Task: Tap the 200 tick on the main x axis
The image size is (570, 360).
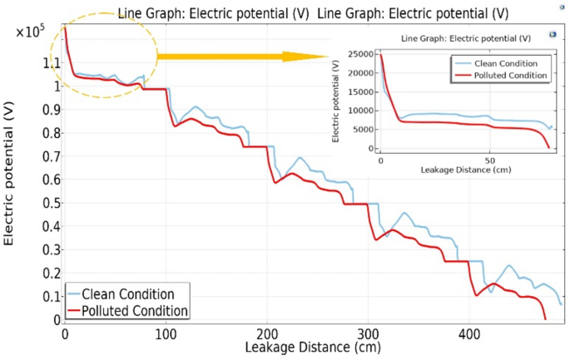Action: (x=267, y=333)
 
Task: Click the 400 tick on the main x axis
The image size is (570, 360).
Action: (x=470, y=333)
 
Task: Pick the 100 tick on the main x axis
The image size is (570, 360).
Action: (x=166, y=333)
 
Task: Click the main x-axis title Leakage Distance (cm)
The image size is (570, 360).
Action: (x=315, y=348)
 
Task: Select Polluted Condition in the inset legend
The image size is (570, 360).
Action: (x=507, y=75)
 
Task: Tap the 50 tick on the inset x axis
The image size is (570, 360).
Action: (x=490, y=159)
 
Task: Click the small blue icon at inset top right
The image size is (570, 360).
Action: (x=551, y=35)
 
